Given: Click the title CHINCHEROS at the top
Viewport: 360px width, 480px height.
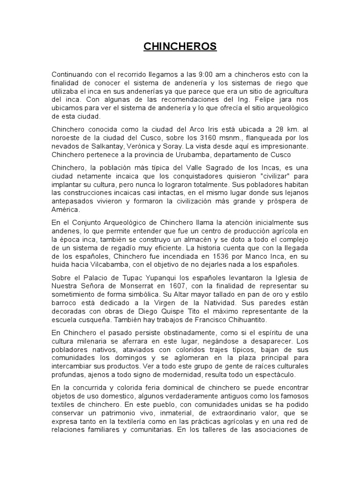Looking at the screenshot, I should [x=180, y=46].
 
